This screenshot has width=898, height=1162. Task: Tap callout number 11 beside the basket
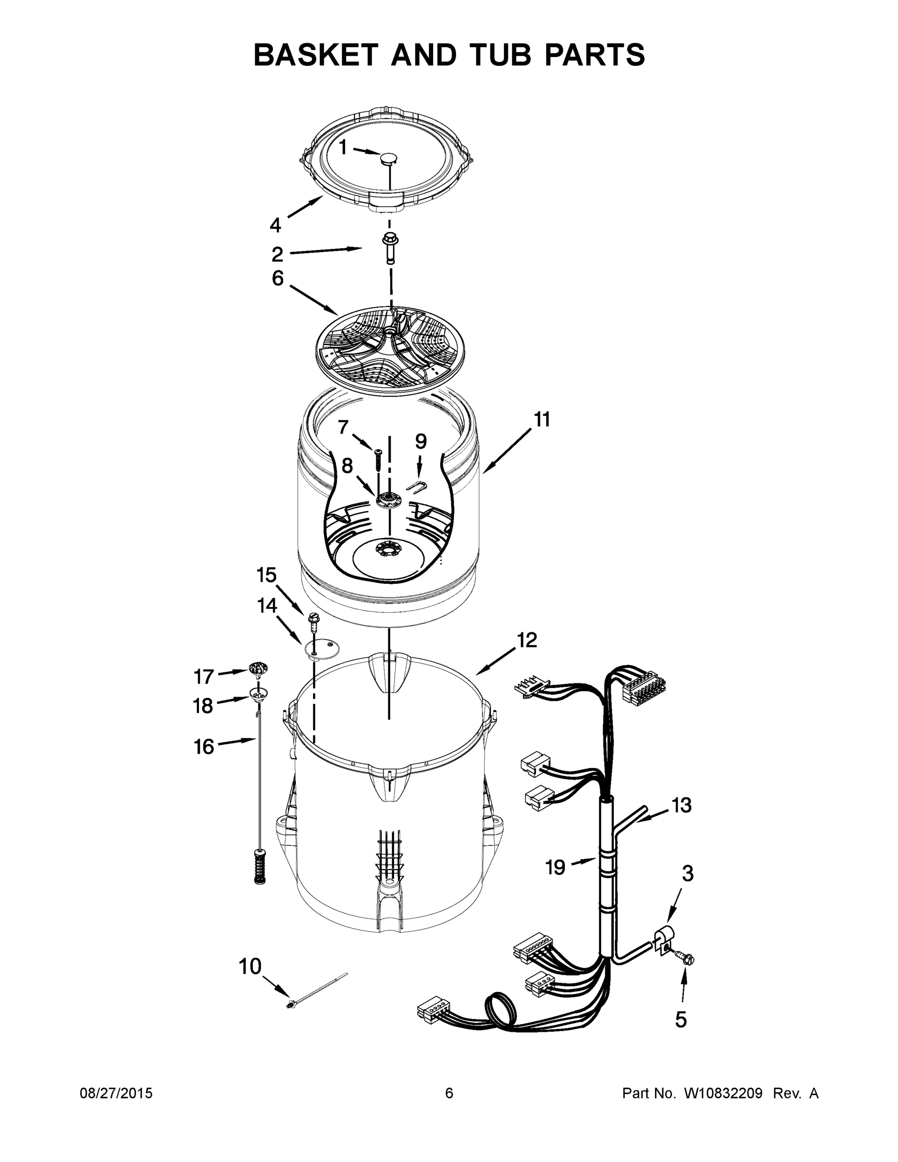[x=541, y=420]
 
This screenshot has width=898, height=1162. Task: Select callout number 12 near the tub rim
[x=527, y=640]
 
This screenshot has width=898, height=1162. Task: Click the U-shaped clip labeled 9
[x=419, y=487]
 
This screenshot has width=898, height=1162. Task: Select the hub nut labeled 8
[x=388, y=500]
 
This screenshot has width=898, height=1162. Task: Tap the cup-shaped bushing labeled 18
[x=258, y=693]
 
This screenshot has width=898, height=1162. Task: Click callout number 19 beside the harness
[x=555, y=867]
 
